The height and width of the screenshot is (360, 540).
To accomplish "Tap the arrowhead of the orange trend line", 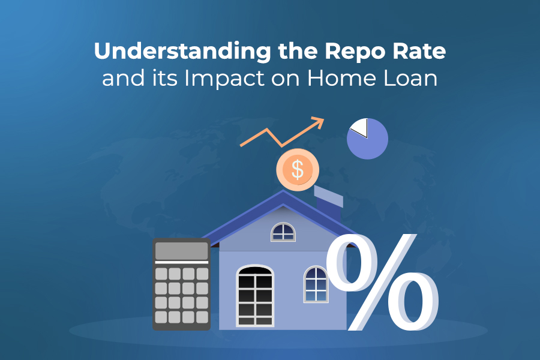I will (319, 122).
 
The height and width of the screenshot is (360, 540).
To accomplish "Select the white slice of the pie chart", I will (359, 126).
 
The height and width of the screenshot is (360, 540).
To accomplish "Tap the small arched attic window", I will (283, 232).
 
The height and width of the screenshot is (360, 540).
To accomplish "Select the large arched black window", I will (255, 296).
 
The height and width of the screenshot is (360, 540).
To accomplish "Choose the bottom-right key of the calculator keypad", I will (202, 316).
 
